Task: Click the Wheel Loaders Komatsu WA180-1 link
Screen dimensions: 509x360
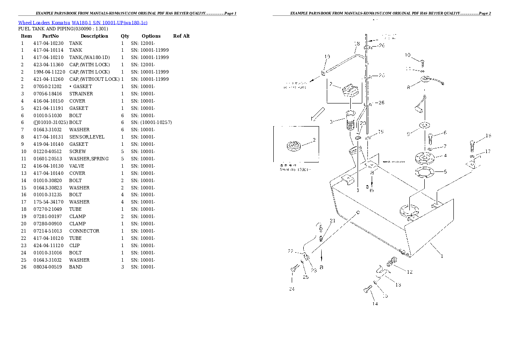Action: point(83,23)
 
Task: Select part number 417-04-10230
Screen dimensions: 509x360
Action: point(48,43)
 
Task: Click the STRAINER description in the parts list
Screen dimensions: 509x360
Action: point(81,94)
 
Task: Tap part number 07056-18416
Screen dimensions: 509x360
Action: point(47,94)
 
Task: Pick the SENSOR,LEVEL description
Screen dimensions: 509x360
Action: point(86,137)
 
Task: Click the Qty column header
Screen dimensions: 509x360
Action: point(124,36)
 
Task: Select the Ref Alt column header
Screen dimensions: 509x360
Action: point(181,36)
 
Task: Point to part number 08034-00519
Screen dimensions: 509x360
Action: point(47,267)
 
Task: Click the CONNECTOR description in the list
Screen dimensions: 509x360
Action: point(84,231)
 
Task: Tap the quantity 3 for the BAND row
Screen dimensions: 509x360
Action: point(122,267)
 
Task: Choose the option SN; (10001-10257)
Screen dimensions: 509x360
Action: point(151,122)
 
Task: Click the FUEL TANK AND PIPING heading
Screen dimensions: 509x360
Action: point(63,29)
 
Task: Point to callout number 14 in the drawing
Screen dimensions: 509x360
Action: point(375,304)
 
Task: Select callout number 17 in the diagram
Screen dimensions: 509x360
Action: point(488,152)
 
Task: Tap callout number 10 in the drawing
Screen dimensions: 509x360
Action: point(407,55)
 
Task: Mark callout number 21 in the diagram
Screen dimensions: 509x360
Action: point(332,221)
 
